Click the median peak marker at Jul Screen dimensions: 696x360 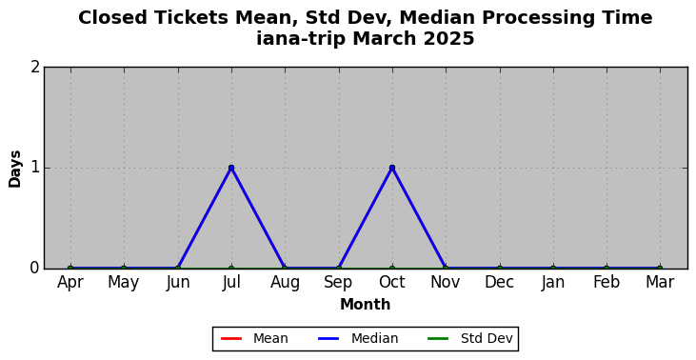231,168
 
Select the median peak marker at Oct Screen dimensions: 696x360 392,168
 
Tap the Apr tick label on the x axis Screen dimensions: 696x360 70,283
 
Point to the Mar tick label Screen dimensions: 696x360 660,282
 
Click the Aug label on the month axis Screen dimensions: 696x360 285,283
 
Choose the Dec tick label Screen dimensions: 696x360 499,282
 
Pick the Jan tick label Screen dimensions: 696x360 552,283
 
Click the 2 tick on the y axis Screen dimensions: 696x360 35,68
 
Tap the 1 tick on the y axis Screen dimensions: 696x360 35,168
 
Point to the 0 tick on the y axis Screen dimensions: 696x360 35,269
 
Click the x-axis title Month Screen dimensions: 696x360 366,305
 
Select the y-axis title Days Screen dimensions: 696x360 14,169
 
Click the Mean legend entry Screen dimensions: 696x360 254,339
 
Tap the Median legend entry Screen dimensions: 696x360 358,339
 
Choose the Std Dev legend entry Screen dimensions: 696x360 470,339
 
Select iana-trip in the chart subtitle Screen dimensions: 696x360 300,39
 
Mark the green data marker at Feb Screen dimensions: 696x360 607,269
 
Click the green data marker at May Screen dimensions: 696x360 124,269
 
